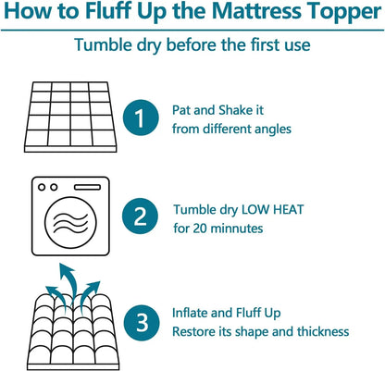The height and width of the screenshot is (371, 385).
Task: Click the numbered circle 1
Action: point(141,118)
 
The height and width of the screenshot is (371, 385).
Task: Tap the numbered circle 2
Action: point(141,217)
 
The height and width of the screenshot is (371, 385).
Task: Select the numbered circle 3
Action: point(141,322)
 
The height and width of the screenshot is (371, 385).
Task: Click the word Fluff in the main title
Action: point(127,15)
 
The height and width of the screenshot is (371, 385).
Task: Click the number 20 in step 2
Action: point(202,228)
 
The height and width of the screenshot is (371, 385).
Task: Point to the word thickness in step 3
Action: point(320,331)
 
